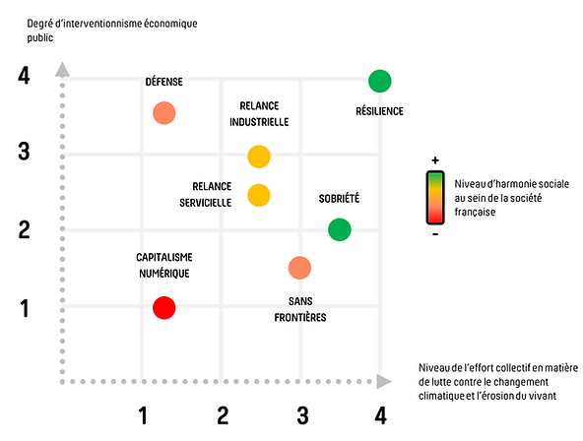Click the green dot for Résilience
pos(379,81)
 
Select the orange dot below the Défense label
pos(163,113)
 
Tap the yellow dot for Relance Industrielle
pos(259,157)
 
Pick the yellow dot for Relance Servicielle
pos(259,195)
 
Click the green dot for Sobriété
pos(340,229)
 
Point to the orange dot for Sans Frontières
pos(299,268)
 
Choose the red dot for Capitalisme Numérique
pos(163,308)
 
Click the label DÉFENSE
pos(163,82)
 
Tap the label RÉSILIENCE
pos(379,110)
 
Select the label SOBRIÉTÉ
pos(339,199)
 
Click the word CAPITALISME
pos(164,257)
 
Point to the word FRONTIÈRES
pos(300,317)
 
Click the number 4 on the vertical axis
pos(24,76)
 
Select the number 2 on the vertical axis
pos(25,229)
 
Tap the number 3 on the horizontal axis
pos(302,415)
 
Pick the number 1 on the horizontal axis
pos(143,415)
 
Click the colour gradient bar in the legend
pos(435,198)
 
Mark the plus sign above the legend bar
pos(435,160)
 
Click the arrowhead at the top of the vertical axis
pos(62,70)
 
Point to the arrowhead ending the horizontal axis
pos(384,381)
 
